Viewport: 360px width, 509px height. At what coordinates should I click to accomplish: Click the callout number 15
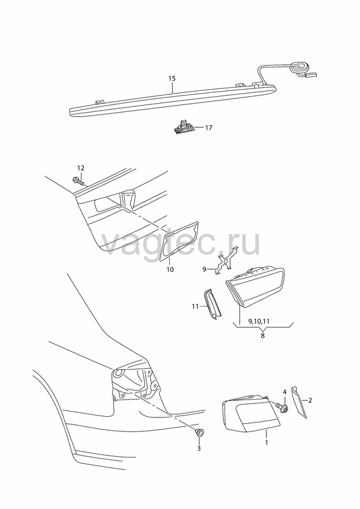(172, 78)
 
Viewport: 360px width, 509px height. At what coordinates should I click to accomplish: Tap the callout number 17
(209, 128)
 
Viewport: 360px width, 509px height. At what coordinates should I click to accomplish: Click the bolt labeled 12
(80, 181)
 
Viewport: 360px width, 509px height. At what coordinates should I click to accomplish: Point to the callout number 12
(81, 168)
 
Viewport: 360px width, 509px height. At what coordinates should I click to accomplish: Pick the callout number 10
(170, 269)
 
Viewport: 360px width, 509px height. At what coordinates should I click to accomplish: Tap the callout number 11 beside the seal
(195, 306)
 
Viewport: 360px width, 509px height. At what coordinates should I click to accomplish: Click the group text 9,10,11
(259, 321)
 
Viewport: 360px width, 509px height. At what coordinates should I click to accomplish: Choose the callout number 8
(263, 335)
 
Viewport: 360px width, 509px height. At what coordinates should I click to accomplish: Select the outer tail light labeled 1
(251, 414)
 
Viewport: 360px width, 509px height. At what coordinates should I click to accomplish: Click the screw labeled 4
(282, 407)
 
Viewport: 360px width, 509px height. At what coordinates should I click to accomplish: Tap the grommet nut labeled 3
(199, 433)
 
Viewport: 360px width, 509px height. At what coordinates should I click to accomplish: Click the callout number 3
(199, 449)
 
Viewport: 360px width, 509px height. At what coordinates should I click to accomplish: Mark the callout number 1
(267, 442)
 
